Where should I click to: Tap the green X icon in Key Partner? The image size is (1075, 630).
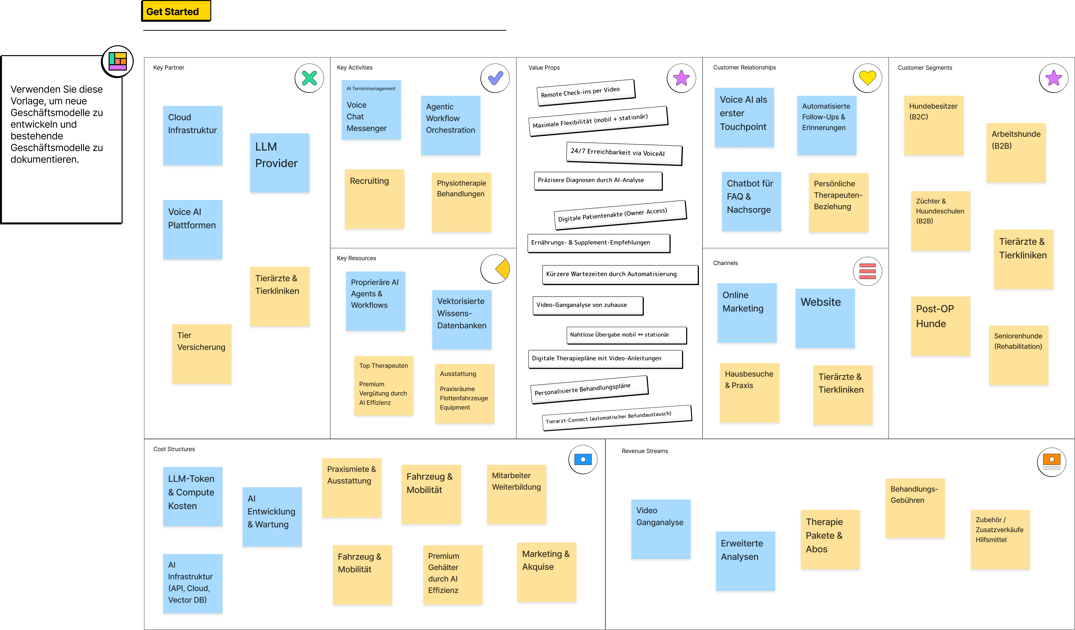tap(309, 78)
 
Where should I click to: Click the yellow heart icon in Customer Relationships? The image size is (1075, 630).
tap(867, 78)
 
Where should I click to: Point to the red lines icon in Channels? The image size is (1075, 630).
tap(867, 271)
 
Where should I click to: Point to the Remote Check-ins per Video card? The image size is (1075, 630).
tap(585, 92)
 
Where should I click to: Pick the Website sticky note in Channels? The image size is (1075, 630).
tap(825, 318)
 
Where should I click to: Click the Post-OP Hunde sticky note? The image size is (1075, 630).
tap(940, 326)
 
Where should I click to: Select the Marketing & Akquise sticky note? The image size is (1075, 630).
tap(546, 572)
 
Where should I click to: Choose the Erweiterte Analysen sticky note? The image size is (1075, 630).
tap(745, 561)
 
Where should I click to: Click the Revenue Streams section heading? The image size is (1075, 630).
tap(645, 451)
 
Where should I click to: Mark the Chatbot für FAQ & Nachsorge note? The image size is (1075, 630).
tap(751, 201)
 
